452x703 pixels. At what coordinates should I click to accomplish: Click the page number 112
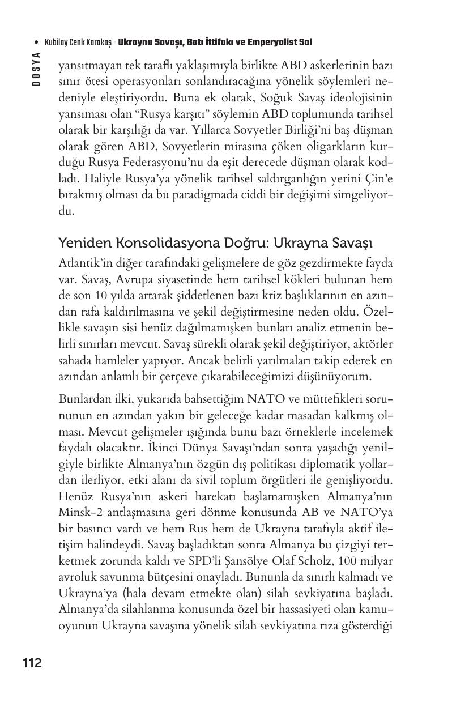32,663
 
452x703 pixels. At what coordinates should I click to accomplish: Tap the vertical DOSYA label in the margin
36,68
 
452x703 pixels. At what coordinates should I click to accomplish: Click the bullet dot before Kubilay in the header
36,42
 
